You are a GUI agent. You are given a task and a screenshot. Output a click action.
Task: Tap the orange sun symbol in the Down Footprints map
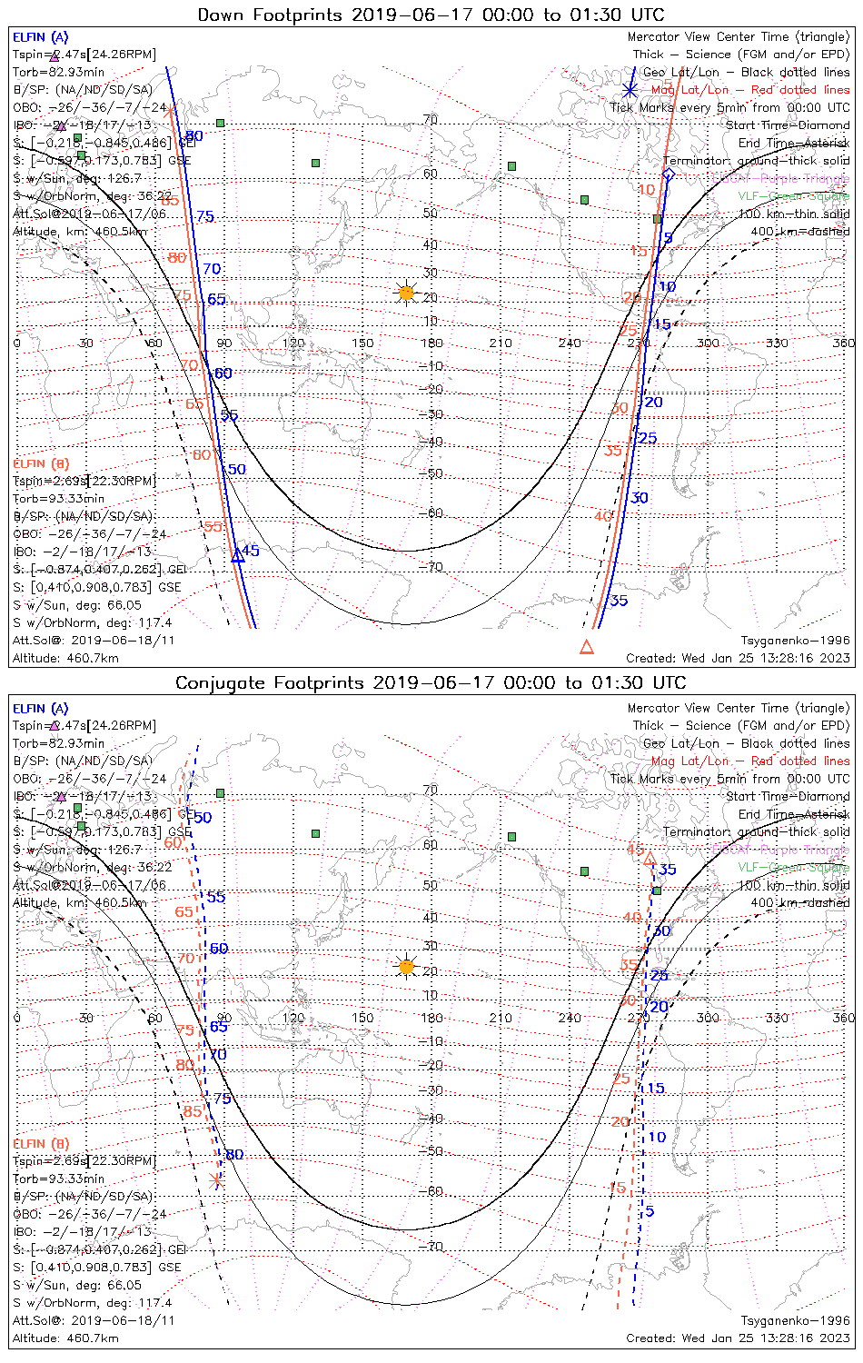(x=406, y=293)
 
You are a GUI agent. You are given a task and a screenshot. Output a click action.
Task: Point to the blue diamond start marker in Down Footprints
(x=669, y=174)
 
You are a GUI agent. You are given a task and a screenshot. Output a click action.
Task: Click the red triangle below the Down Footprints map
(x=587, y=647)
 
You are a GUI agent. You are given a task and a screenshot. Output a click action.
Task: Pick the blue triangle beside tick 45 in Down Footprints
(x=238, y=556)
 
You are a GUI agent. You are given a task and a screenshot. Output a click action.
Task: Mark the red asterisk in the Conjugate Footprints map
(x=216, y=1181)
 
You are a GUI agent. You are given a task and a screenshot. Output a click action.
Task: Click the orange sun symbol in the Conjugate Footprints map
(x=406, y=966)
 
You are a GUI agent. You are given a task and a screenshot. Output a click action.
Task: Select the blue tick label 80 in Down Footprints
(x=194, y=137)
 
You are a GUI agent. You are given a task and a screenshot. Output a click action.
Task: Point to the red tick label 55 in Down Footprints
(x=213, y=527)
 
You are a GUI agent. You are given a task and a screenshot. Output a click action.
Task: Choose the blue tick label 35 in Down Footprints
(x=619, y=601)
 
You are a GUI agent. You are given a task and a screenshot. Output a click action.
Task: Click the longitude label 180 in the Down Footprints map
(x=431, y=343)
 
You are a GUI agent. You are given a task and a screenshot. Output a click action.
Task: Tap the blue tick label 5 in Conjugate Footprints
(x=650, y=1211)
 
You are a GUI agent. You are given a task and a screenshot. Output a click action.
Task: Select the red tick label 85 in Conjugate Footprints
(x=193, y=1111)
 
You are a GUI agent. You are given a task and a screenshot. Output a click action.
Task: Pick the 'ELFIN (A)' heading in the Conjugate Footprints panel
(x=41, y=709)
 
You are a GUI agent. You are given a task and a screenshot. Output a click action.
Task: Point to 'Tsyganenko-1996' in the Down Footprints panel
(x=795, y=641)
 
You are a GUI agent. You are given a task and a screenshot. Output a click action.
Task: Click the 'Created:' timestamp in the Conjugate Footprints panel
(x=738, y=1338)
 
